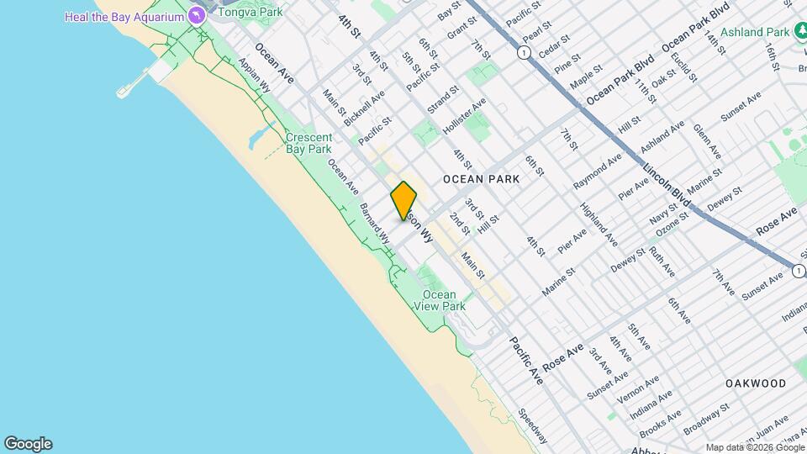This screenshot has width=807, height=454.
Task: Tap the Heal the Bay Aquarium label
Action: tap(124, 17)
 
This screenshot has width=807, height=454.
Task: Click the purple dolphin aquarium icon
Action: tap(196, 16)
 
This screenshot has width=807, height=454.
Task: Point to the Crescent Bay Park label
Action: tap(309, 143)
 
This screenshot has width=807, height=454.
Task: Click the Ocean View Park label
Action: tap(439, 300)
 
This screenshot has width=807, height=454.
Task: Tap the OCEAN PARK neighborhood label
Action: tap(481, 179)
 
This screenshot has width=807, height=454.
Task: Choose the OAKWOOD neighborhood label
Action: tap(756, 383)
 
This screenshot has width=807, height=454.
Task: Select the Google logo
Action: tap(28, 444)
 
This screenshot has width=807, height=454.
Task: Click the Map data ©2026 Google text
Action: tap(755, 447)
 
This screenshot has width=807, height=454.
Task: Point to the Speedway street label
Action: tap(533, 425)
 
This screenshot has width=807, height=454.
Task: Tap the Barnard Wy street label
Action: tap(374, 223)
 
